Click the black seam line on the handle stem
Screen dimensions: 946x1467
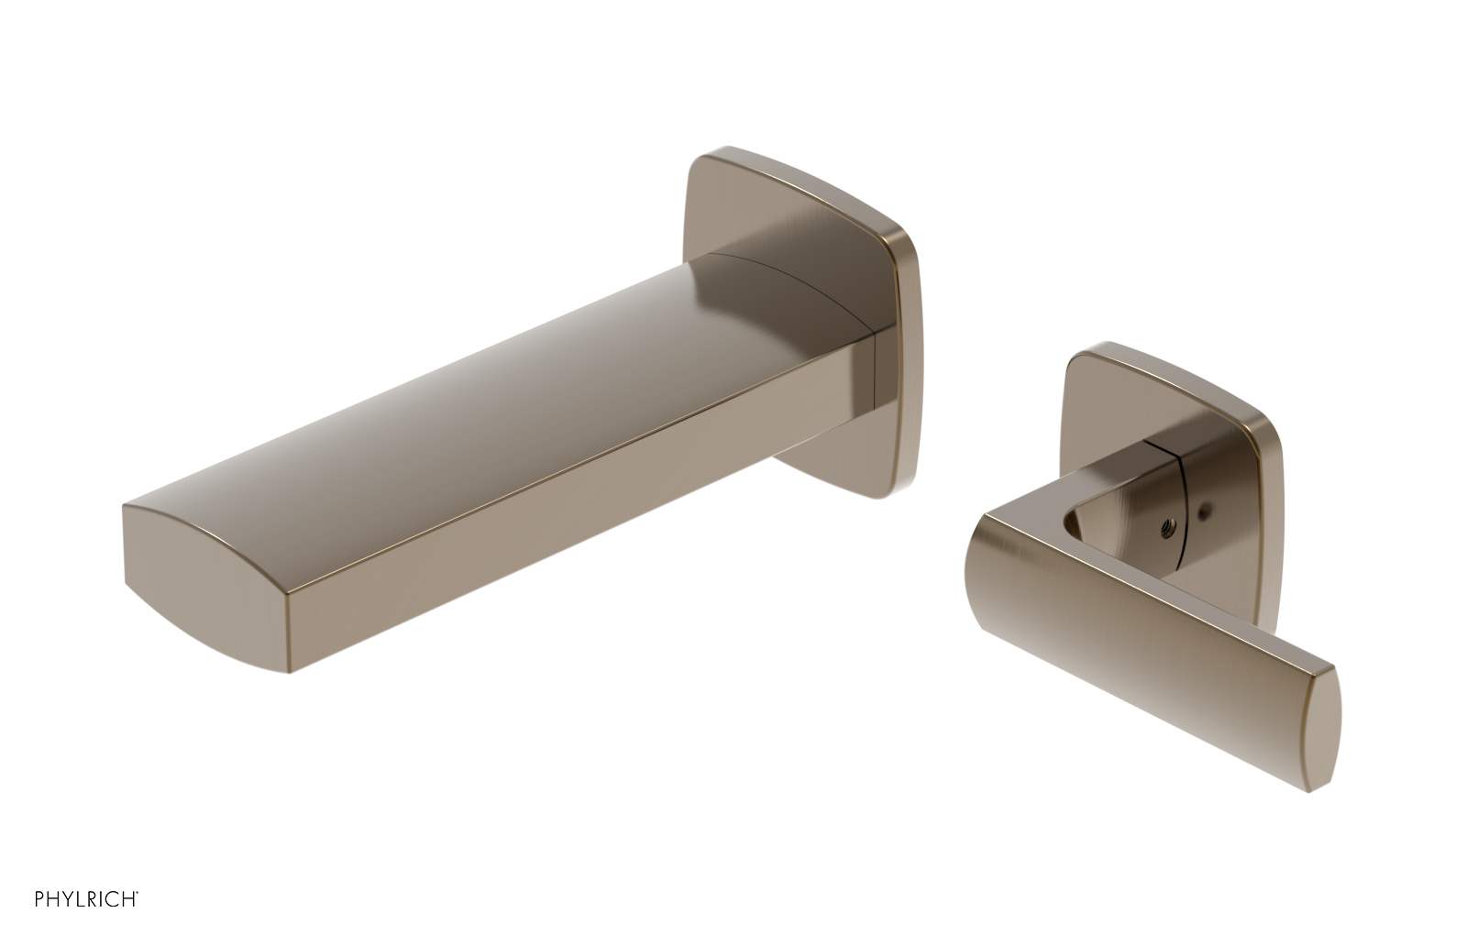(1184, 495)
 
